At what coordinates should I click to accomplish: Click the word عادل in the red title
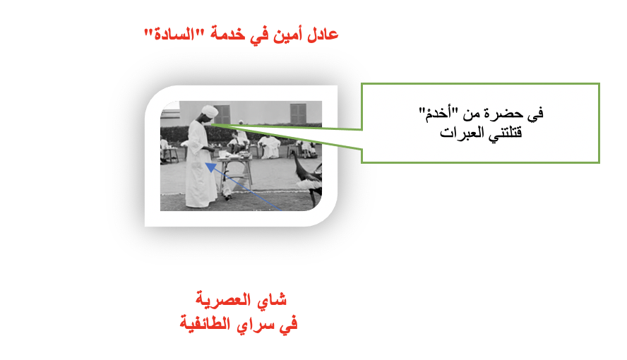[x=323, y=35]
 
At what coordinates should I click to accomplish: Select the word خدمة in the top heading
[x=227, y=35]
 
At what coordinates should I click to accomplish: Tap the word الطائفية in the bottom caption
[x=205, y=323]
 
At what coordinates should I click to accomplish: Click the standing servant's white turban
[x=210, y=111]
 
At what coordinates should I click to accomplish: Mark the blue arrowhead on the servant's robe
[x=210, y=167]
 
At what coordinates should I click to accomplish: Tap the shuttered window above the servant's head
[x=222, y=114]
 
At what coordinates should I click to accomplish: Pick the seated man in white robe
[x=270, y=147]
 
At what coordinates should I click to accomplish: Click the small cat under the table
[x=227, y=193]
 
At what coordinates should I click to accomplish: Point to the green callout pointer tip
[x=211, y=125]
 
